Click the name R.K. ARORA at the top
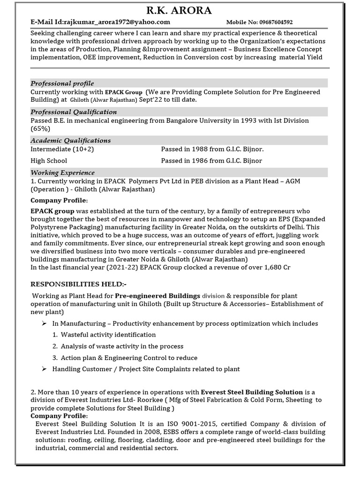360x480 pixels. tap(179, 10)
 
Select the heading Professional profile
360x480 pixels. tap(62, 83)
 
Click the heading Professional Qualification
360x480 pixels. tap(74, 112)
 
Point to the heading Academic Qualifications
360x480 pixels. tap(71, 141)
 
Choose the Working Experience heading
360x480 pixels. tap(62, 173)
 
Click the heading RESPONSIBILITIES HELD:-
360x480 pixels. tap(78, 285)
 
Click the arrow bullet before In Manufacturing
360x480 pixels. tap(44, 323)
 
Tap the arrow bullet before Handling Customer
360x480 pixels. tap(44, 369)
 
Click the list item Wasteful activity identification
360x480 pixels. tap(108, 335)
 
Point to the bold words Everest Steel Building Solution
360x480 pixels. tap(252, 392)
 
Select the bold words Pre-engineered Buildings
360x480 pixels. tap(157, 296)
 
